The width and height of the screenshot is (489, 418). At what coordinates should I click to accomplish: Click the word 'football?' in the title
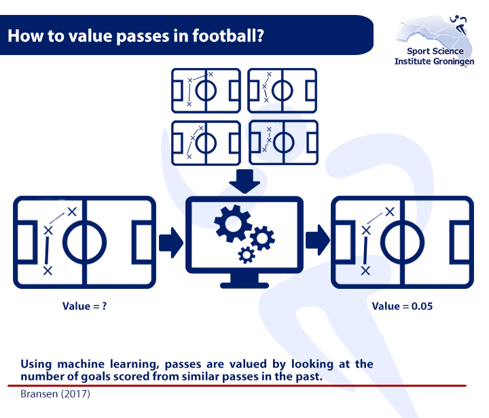click(x=228, y=35)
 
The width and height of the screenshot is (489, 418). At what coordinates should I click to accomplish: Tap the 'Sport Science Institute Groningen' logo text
click(x=434, y=56)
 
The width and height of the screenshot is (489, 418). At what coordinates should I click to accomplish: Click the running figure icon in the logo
click(x=459, y=24)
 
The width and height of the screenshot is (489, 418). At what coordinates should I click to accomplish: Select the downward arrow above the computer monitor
click(x=244, y=181)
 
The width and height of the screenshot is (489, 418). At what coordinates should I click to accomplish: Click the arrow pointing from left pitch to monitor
click(x=171, y=243)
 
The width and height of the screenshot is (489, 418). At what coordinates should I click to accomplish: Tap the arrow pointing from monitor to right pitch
click(x=317, y=240)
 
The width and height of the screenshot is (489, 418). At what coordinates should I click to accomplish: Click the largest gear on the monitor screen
click(x=233, y=224)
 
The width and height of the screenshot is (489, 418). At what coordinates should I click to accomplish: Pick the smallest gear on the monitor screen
click(x=247, y=255)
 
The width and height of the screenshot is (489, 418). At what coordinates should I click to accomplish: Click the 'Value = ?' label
click(x=84, y=306)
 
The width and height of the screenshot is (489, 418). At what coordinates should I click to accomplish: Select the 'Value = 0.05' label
click(x=402, y=306)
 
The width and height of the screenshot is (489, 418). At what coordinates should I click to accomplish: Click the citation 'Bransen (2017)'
click(x=55, y=394)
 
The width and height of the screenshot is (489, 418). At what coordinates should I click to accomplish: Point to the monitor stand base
click(x=244, y=285)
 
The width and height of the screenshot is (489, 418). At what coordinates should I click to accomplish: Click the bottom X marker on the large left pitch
click(x=48, y=271)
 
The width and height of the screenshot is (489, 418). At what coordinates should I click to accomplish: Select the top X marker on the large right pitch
click(x=390, y=211)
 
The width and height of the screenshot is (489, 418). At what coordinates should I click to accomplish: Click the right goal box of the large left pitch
click(x=134, y=243)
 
